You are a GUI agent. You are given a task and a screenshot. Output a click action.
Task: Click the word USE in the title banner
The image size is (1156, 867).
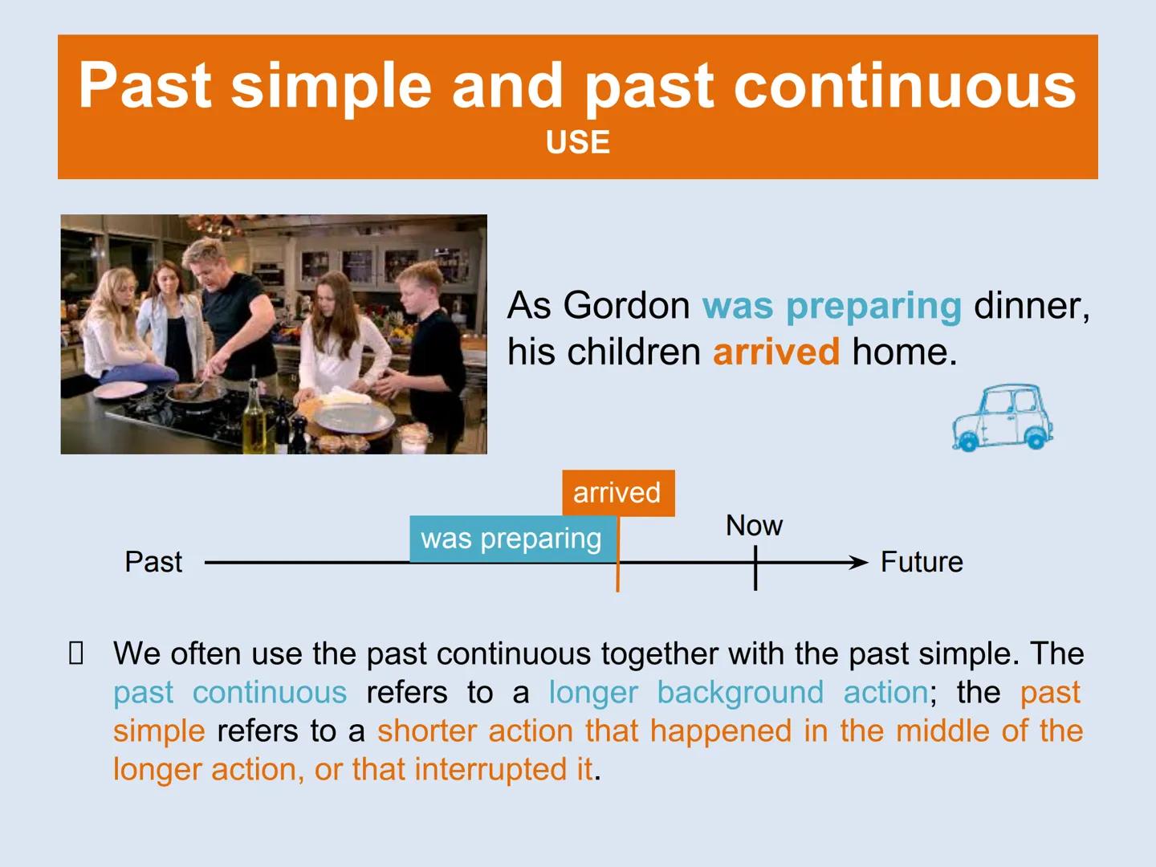point(577,143)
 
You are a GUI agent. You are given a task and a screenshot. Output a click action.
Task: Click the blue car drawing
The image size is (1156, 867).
point(1003,418)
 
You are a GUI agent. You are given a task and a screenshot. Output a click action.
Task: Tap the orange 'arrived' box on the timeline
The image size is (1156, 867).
point(617,493)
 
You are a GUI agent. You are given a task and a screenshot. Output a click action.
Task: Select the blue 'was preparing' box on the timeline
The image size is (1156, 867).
point(511,539)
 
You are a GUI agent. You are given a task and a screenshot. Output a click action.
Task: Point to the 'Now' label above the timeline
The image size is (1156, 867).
point(754,526)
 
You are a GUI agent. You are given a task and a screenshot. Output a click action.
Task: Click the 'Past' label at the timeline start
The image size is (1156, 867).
point(153,562)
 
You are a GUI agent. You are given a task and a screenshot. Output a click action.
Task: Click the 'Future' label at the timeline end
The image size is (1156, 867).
point(921,562)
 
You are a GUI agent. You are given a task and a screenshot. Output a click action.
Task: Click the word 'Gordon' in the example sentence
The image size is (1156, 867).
point(626,306)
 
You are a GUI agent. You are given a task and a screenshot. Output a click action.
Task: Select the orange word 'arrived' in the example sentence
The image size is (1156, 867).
point(775,352)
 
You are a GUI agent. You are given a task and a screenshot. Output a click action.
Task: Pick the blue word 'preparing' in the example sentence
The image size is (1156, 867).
point(873,306)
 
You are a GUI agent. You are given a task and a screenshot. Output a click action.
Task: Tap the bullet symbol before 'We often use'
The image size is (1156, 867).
point(76,654)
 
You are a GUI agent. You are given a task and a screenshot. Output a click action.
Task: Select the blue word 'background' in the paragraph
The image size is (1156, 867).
point(739,693)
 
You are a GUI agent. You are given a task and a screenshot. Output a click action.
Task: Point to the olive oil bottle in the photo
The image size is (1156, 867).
point(254,417)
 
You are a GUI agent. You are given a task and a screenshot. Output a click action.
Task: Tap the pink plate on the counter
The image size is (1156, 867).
point(120,390)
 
